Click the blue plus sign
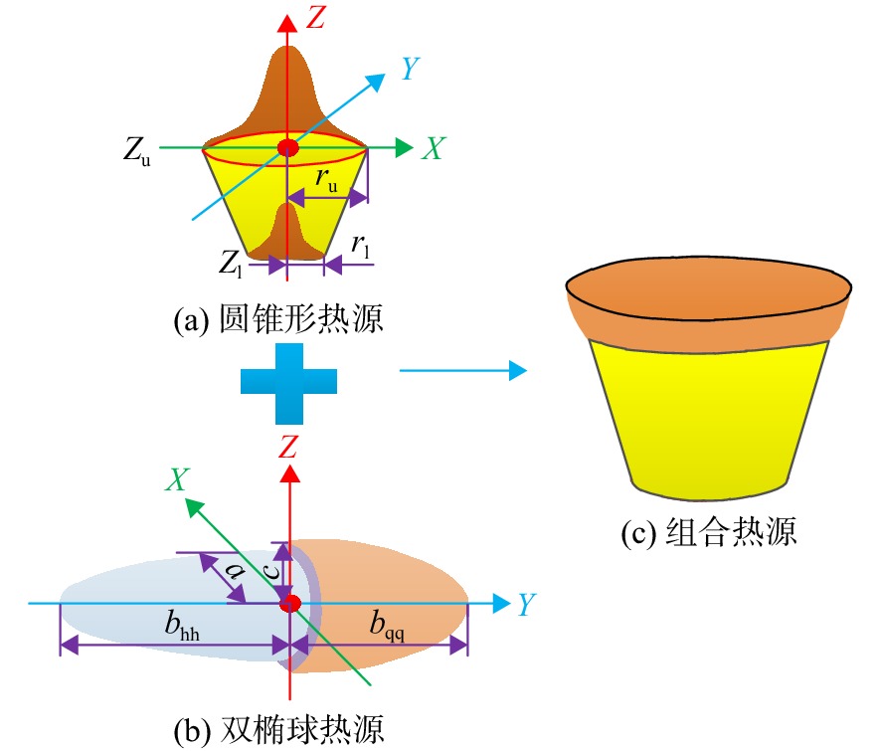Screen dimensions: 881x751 click(288, 383)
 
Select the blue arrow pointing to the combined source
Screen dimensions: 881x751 click(463, 370)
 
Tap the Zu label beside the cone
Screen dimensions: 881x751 click(137, 151)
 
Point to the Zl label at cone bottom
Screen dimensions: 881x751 click(231, 263)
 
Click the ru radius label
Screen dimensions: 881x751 click(326, 179)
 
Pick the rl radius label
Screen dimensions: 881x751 click(360, 246)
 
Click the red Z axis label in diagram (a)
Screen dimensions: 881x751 click(316, 17)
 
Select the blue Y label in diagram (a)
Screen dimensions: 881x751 click(411, 68)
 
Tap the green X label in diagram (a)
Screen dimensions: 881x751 click(434, 148)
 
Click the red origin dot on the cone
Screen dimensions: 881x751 click(288, 148)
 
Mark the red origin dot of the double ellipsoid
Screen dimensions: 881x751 click(290, 603)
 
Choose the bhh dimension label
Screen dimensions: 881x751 click(182, 625)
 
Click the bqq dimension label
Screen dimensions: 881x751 click(387, 625)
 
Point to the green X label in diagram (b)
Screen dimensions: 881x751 click(178, 479)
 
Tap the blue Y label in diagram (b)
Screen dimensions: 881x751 click(526, 605)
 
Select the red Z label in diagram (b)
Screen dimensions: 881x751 click(288, 448)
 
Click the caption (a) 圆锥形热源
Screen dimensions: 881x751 click(278, 319)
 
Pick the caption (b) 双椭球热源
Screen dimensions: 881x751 click(279, 730)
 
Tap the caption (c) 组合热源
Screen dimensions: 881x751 click(709, 531)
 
